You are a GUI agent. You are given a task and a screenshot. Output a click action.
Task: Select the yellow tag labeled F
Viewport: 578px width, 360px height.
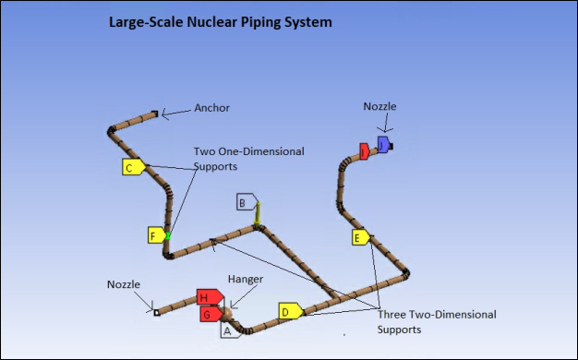(156, 235)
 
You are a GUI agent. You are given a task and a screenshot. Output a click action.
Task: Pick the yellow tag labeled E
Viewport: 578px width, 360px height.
(360, 237)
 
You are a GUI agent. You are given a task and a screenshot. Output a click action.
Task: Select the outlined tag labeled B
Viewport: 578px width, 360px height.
(245, 202)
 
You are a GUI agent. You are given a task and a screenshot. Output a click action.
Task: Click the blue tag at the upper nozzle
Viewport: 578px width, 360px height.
(383, 145)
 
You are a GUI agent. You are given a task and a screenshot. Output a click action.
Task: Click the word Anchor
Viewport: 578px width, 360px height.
(211, 108)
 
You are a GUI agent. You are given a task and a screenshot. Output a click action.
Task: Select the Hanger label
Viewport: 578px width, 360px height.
(246, 279)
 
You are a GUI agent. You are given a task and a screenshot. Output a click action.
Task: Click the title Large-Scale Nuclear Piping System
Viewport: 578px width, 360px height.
(220, 21)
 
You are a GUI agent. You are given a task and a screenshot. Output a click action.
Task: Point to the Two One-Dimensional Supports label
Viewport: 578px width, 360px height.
(247, 159)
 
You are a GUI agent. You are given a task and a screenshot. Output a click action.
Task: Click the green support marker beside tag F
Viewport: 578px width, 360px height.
(168, 236)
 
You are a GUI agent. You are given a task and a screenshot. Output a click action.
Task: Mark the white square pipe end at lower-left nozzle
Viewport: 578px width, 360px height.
(156, 313)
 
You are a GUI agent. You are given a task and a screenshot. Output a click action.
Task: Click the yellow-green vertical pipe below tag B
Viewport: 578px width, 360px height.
(259, 214)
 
